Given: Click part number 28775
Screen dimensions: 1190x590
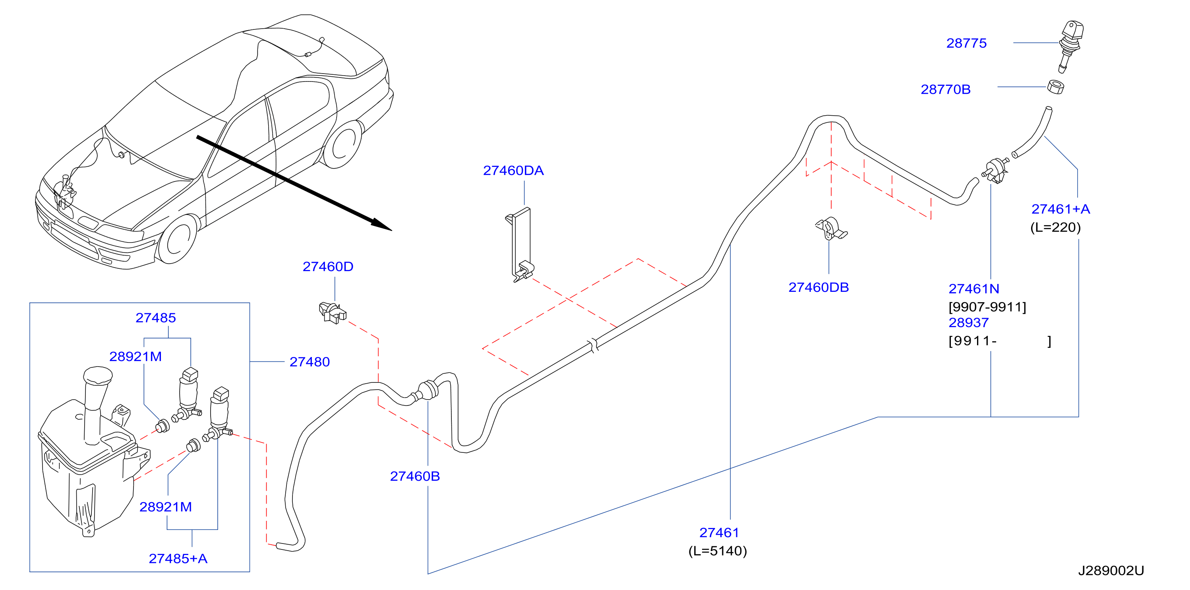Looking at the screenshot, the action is coord(966,43).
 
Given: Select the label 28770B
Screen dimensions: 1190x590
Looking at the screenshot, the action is coord(945,89).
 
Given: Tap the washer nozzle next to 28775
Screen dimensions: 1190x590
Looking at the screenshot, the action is coord(1070,45).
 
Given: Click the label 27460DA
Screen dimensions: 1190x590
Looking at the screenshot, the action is coord(513,171).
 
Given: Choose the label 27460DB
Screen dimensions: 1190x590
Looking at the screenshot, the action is coord(818,287).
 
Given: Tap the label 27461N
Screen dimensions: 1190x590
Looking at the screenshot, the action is coord(973,289).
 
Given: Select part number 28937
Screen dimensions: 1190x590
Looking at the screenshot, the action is coord(968,323).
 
